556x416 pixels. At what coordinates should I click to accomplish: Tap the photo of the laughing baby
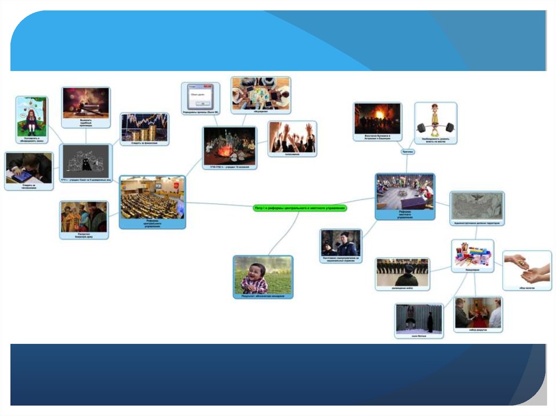click(x=263, y=275)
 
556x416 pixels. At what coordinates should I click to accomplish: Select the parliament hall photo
click(x=152, y=198)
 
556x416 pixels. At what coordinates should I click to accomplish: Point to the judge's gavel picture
click(x=86, y=103)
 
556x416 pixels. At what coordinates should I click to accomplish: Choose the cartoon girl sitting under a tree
click(x=31, y=116)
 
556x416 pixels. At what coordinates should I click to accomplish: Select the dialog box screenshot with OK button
click(x=200, y=97)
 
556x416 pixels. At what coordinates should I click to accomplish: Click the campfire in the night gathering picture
click(x=225, y=150)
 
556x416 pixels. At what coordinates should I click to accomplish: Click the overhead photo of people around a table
click(x=261, y=93)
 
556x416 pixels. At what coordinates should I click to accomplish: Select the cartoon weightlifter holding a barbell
click(x=435, y=120)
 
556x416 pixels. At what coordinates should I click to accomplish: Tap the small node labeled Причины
click(x=408, y=152)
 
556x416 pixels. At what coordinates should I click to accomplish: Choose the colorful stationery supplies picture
click(x=472, y=253)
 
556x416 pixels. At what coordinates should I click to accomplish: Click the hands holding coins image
click(x=527, y=267)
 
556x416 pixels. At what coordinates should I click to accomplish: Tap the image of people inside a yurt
click(x=405, y=192)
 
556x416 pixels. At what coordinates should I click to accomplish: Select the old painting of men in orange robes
click(x=84, y=217)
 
